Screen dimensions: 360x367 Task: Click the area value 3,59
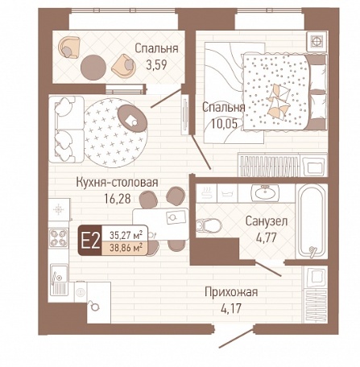tap(157, 64)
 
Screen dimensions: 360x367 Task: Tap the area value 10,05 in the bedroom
tap(224, 124)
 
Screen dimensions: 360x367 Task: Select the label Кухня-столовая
tap(118, 183)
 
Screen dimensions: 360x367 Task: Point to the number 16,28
tap(118, 199)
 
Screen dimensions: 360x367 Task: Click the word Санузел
tap(267, 221)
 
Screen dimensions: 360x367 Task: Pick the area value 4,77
tap(267, 237)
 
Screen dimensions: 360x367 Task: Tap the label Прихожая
tap(231, 292)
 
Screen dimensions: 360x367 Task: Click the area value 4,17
tap(231, 308)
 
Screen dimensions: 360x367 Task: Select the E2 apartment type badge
tap(90, 240)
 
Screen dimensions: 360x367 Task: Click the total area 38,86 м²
tap(126, 248)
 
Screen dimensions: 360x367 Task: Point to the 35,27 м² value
tap(126, 235)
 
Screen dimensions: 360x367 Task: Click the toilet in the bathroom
tap(209, 225)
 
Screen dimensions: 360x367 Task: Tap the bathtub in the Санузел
tap(312, 221)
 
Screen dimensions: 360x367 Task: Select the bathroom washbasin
tap(265, 192)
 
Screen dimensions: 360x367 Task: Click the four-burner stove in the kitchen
tap(59, 238)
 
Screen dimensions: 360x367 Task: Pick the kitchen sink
tap(59, 279)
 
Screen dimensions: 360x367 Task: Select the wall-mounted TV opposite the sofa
tap(185, 115)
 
